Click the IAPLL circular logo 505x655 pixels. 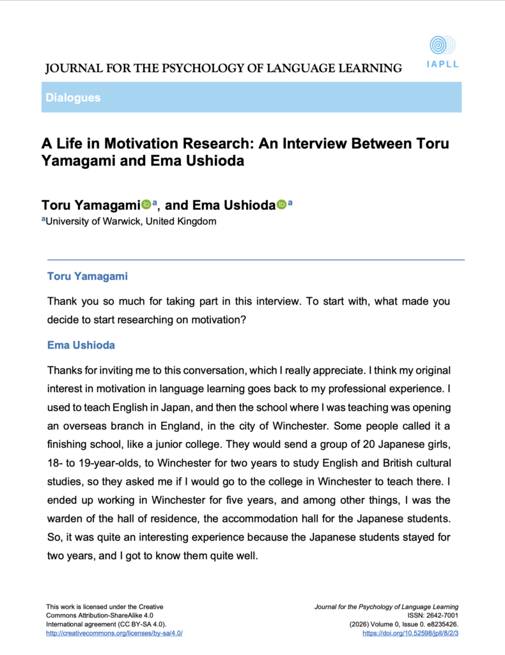[x=442, y=45]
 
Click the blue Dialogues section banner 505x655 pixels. [x=251, y=98]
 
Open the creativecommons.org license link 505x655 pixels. [x=119, y=633]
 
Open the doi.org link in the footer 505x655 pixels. [x=410, y=633]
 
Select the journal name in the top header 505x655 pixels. [x=224, y=68]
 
